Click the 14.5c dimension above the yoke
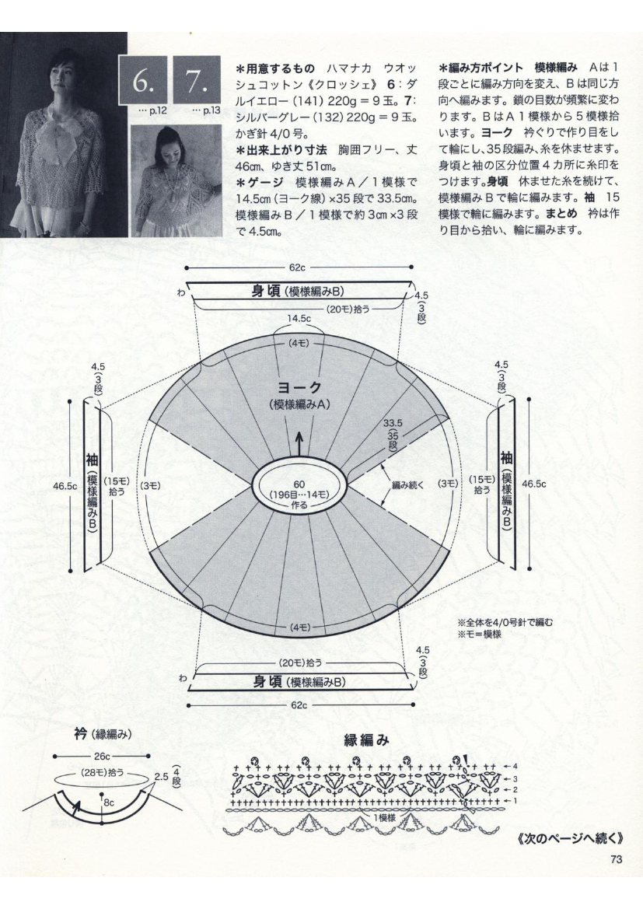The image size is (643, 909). pos(299,319)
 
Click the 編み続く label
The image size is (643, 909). pos(406,484)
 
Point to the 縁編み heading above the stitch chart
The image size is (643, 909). pos(366,741)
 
